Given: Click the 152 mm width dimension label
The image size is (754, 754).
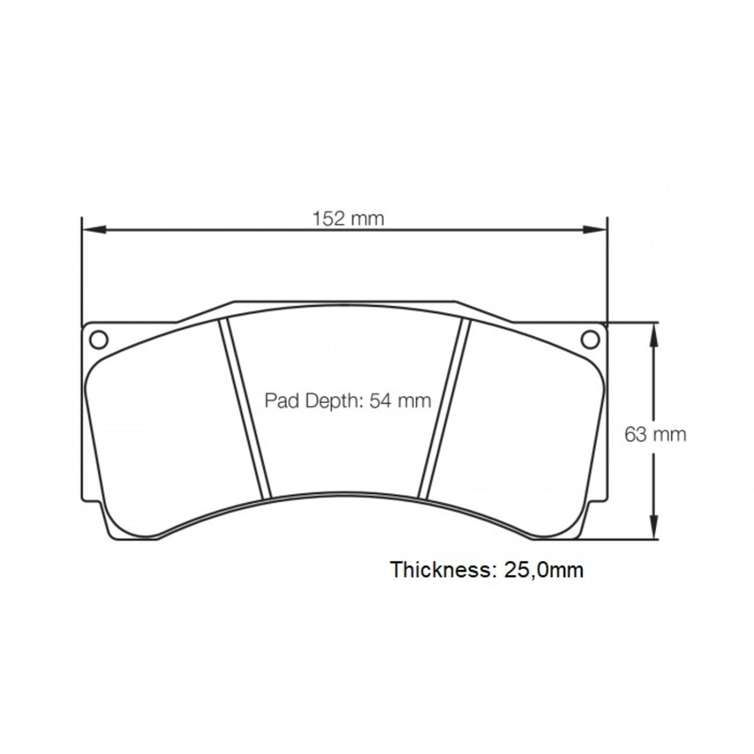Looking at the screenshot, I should tap(348, 219).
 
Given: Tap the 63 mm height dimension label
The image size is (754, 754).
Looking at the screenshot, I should tap(655, 434).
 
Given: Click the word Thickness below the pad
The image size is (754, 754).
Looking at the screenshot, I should tap(439, 569).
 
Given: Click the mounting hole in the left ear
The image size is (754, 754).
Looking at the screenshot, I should tap(99, 339).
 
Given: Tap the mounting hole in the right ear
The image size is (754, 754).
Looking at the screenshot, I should tap(590, 339).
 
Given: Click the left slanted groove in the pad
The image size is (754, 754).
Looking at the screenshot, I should tap(245, 409).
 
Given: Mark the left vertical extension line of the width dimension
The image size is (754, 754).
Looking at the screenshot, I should tap(82, 271).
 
